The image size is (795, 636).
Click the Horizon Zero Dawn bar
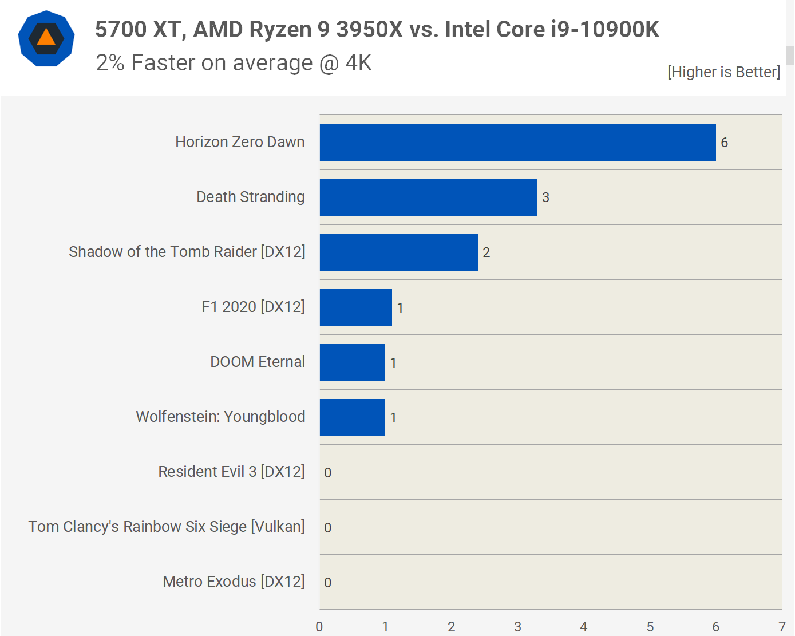517,143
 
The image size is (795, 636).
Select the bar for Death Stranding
428,197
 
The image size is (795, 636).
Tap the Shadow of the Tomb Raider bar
398,252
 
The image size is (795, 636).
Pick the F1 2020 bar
355,307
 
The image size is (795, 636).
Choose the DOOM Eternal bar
352,362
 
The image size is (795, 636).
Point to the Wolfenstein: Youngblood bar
352,417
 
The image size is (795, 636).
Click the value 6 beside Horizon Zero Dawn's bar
724,143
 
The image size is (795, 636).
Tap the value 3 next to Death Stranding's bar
545,197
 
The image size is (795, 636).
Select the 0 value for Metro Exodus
327,583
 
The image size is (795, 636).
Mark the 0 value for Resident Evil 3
327,473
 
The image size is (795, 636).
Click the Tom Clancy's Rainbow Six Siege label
167,527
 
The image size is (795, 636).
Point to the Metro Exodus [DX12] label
234,582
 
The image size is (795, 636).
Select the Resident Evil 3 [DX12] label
231,472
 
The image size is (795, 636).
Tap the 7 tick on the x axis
782,627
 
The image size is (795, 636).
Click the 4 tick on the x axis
584,627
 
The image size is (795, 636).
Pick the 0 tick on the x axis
319,627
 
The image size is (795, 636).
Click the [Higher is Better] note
723,72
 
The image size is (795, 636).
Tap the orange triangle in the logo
46,38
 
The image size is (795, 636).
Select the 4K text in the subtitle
358,63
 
